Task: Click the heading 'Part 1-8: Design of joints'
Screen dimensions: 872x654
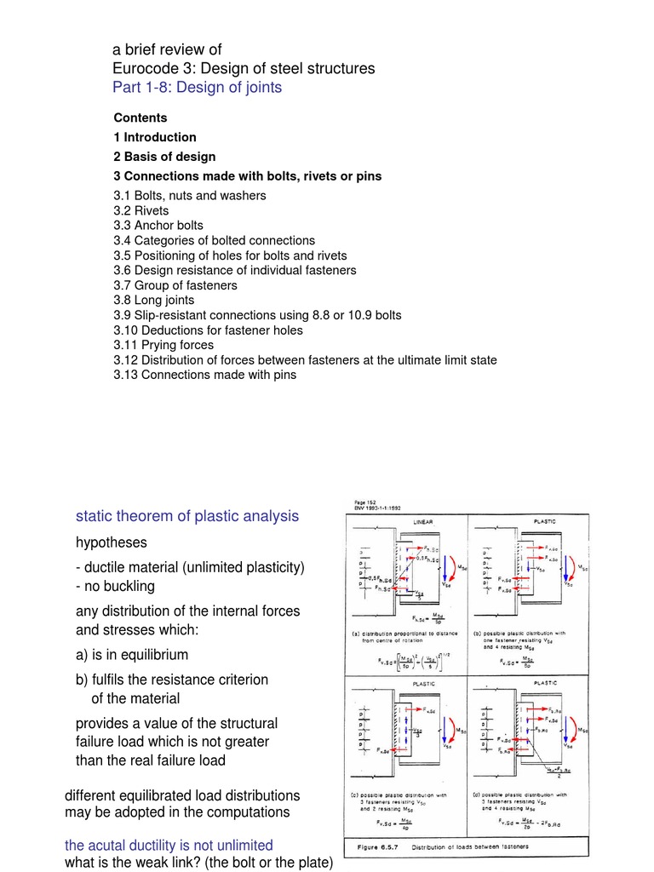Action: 197,87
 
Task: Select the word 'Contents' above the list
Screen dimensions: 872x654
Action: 141,118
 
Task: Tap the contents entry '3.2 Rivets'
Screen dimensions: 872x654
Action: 141,210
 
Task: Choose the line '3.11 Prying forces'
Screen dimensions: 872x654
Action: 163,345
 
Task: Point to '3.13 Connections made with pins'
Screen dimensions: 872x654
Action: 204,374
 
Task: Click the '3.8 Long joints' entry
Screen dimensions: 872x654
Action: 153,300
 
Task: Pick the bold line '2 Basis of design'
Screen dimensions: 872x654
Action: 164,157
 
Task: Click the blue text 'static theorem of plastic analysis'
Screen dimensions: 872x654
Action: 187,516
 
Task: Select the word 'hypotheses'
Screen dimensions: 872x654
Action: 112,542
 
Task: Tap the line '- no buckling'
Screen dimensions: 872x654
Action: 116,586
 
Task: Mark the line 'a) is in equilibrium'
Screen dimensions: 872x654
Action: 132,655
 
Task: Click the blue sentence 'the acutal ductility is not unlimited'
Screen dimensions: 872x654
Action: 169,845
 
